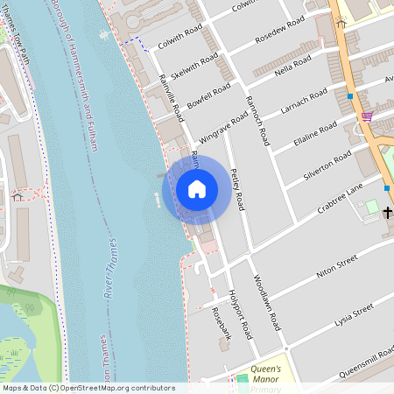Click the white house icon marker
tap(197, 188)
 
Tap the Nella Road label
tap(292, 66)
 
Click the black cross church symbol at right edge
tap(387, 213)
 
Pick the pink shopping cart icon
tap(367, 116)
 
